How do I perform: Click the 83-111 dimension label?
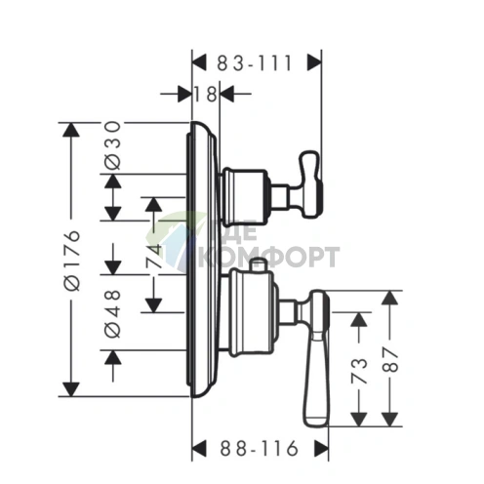(255, 63)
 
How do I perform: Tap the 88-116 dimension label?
(260, 448)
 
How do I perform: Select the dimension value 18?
(206, 95)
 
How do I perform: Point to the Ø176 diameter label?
(72, 261)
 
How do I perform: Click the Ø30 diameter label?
(113, 145)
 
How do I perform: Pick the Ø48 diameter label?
(113, 313)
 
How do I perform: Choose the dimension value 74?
(154, 256)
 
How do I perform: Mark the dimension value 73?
(359, 371)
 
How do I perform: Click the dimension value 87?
(389, 359)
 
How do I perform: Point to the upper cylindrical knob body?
(245, 197)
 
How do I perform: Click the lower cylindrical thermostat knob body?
(252, 313)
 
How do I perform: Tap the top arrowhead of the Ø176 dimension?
(71, 130)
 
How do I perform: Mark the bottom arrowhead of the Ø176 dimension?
(71, 389)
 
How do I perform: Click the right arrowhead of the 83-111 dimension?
(314, 62)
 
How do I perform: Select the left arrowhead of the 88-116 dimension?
(199, 448)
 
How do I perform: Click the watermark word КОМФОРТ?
(268, 257)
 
